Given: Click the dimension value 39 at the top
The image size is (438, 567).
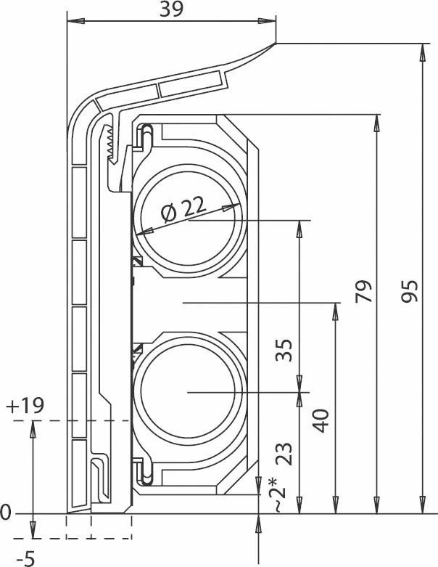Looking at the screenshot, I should pyautogui.click(x=171, y=9).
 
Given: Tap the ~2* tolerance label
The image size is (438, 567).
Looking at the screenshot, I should pyautogui.click(x=279, y=495).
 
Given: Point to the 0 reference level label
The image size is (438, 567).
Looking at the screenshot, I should pyautogui.click(x=7, y=514).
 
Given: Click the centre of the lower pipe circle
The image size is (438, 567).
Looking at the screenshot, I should pyautogui.click(x=188, y=393).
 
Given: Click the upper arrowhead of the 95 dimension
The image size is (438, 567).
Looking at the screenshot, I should pyautogui.click(x=423, y=52).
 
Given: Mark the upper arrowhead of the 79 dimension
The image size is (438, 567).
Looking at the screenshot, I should pyautogui.click(x=376, y=122).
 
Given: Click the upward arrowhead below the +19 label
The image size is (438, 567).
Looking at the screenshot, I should pyautogui.click(x=33, y=429).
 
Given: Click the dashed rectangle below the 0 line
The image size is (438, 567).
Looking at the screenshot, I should pyautogui.click(x=99, y=527).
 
